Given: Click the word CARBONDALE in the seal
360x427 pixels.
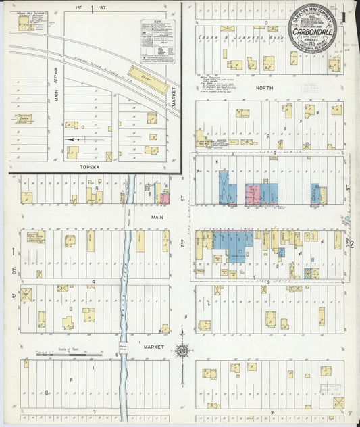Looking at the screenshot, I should [313, 31].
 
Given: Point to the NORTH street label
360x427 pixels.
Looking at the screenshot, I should [263, 87].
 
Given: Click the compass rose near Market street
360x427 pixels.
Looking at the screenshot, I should [182, 351].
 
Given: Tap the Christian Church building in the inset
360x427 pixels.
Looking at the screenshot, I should [24, 119].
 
